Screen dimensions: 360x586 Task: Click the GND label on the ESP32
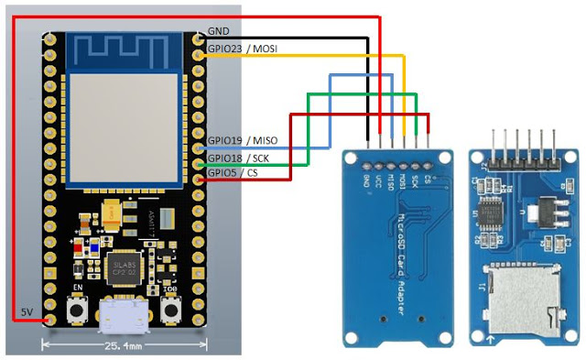click(219, 30)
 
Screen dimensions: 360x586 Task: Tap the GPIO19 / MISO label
click(242, 140)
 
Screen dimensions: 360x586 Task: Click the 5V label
click(27, 313)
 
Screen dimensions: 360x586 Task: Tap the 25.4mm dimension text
click(124, 347)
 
